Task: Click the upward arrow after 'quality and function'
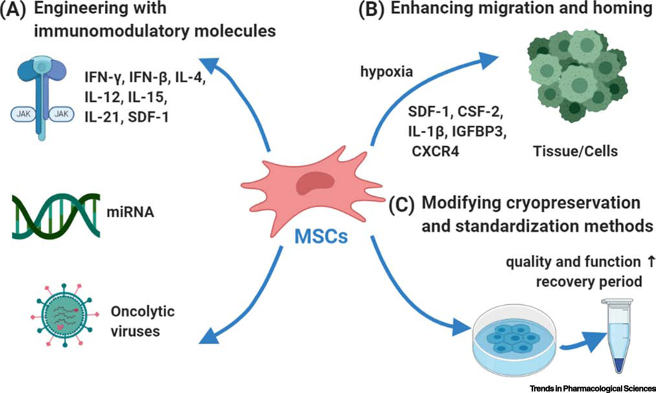pyautogui.click(x=642, y=262)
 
